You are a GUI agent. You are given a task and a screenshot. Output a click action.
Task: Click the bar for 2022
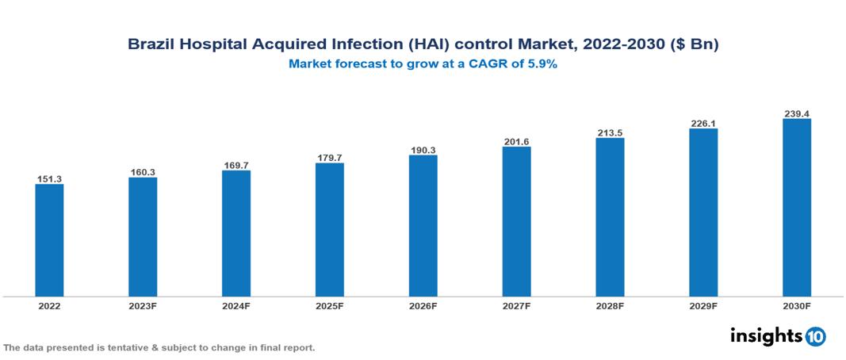[49, 240]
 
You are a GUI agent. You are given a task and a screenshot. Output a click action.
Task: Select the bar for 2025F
[329, 230]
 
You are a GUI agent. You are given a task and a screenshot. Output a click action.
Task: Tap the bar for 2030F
[796, 208]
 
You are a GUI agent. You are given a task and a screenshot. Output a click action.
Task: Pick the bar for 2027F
[516, 221]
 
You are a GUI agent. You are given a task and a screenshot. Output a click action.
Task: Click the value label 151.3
[49, 178]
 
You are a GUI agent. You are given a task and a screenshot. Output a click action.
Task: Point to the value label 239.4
[796, 113]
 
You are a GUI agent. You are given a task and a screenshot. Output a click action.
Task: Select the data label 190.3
[423, 149]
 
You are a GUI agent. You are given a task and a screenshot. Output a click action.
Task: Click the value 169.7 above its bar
[236, 165]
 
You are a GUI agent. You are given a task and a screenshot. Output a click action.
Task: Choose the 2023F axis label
[143, 305]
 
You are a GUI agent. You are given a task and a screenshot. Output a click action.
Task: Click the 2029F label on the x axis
[702, 305]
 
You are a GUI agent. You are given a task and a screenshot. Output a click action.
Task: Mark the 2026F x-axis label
[423, 305]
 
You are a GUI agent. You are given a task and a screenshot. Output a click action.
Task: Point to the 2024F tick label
[236, 305]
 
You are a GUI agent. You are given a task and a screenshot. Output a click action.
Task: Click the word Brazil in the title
[152, 45]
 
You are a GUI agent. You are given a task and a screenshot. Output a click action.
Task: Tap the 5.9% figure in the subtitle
[542, 65]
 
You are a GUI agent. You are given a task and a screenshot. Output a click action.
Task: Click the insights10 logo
[777, 336]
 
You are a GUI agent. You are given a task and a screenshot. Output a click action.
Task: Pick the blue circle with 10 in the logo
[815, 336]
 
